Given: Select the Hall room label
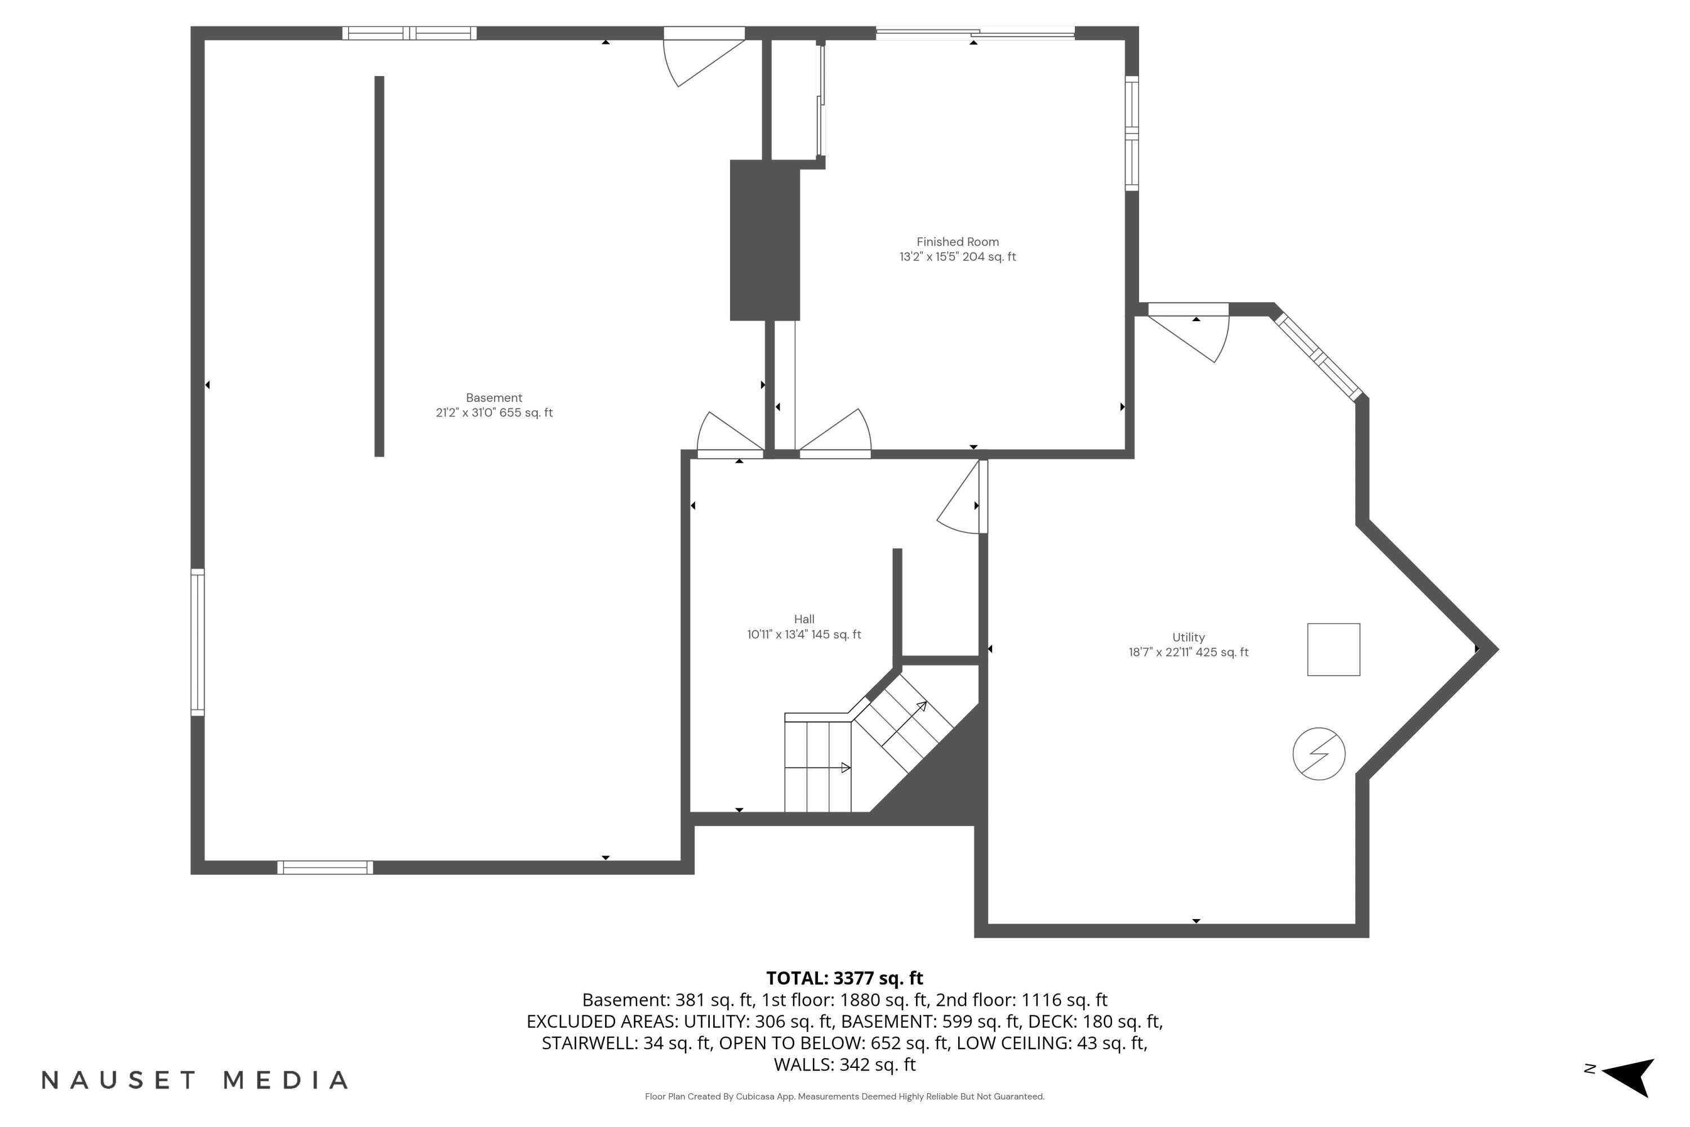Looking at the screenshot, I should [804, 619].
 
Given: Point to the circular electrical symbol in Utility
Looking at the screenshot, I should [1319, 754].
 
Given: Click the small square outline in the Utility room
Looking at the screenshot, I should [1333, 650].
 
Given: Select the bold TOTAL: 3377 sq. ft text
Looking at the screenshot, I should [844, 978].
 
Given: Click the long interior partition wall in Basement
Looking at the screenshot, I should [379, 266].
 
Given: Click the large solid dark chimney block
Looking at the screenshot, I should [764, 241].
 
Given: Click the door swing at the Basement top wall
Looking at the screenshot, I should [701, 57].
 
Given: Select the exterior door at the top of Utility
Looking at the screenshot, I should [1189, 331].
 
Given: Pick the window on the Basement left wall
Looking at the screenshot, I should [198, 642].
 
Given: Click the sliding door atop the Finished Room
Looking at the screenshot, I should [975, 32].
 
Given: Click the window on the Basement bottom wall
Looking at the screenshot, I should [325, 868].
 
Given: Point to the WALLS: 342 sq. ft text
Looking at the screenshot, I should [844, 1064].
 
